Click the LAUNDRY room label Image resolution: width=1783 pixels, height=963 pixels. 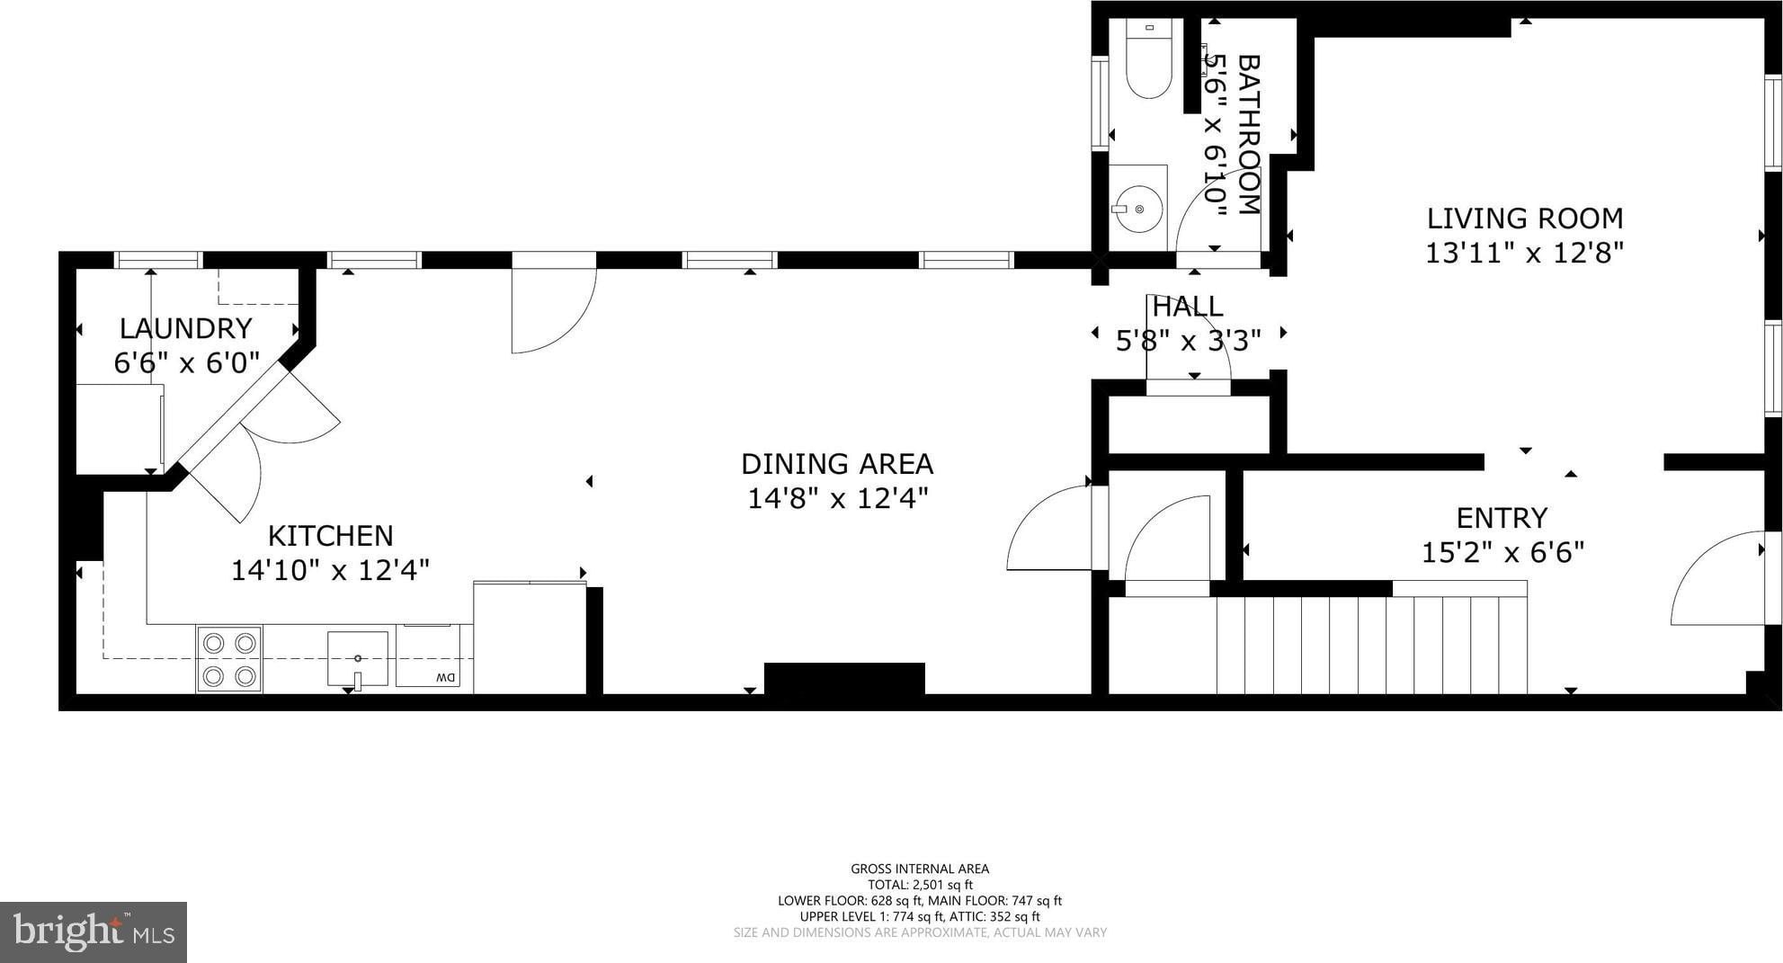point(186,328)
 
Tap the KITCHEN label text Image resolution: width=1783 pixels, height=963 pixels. point(331,536)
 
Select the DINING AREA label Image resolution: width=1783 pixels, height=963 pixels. point(837,464)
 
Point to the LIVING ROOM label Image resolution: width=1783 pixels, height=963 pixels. point(1525,218)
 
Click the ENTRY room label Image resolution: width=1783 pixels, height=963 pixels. point(1502,518)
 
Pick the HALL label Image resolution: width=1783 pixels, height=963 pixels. point(1187,307)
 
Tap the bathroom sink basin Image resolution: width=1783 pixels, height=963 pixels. point(1137,209)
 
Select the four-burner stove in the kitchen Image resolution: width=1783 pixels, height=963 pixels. point(229,659)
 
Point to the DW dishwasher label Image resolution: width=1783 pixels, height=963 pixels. point(446,678)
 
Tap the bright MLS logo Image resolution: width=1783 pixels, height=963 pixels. point(94,932)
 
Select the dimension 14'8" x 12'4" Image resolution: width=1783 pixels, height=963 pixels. point(837,498)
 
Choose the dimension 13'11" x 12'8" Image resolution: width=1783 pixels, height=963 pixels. point(1525,253)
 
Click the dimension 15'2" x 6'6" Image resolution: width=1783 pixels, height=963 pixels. point(1502,552)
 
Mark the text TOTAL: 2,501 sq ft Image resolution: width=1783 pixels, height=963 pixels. point(920,885)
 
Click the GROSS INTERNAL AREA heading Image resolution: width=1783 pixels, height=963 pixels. point(920,869)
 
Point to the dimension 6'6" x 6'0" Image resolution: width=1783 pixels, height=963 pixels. point(186,362)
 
